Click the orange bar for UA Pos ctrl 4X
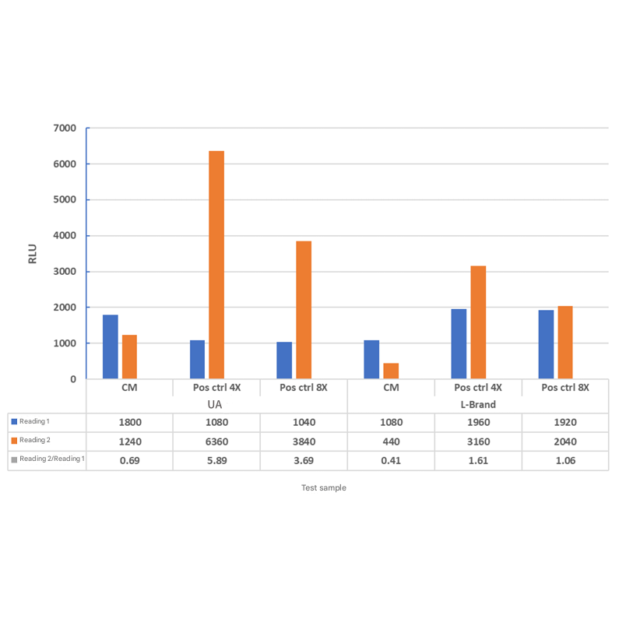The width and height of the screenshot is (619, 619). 216,265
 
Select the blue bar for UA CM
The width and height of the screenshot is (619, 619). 111,346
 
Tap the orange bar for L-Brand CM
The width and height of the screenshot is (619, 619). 391,371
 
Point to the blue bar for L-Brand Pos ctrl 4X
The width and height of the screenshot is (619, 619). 459,343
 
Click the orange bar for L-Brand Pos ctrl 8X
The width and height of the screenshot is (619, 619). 565,343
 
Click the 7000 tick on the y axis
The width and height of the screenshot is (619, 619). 65,128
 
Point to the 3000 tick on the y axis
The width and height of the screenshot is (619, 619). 65,272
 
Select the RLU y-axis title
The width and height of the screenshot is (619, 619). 33,254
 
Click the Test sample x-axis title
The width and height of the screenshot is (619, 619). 324,488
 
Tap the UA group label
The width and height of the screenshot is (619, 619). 216,405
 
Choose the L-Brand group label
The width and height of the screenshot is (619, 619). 477,405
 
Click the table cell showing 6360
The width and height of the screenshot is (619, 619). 216,441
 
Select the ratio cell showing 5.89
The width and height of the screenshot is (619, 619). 216,460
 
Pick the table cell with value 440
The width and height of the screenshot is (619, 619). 391,441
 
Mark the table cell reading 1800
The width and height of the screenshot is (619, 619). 129,423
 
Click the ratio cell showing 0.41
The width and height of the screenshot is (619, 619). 391,460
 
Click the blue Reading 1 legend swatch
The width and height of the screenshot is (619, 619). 13,422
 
